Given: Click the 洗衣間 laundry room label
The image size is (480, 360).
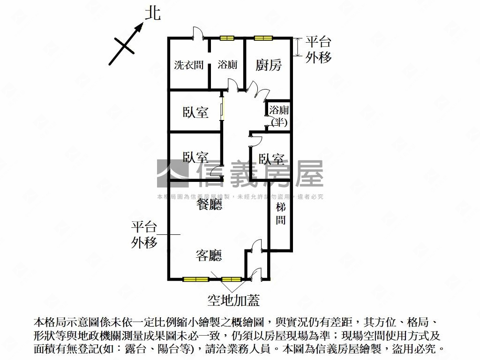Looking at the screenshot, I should (188, 65).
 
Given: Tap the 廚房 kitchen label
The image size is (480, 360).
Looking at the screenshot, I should (269, 65).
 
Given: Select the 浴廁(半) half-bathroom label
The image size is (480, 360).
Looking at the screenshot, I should (279, 116).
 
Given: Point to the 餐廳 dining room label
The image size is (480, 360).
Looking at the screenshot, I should (209, 204).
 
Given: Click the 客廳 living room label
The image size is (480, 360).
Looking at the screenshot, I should (209, 255).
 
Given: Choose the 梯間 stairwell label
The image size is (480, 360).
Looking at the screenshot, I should (280, 214).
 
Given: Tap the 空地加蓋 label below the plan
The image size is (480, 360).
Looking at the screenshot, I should (233, 300).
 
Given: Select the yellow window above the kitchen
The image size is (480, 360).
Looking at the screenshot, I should (263, 38).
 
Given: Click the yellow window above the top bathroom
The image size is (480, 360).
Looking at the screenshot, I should (227, 38).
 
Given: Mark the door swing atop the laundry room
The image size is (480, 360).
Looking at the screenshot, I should (198, 34).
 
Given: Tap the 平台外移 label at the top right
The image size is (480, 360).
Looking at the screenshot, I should (319, 50).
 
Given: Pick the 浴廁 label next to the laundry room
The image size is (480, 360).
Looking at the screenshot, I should (227, 65).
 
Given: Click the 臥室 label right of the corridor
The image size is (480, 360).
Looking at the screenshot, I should (271, 159).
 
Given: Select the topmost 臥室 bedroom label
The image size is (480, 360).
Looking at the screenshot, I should (195, 112).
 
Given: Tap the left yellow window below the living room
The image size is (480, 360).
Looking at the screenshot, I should (195, 279).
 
